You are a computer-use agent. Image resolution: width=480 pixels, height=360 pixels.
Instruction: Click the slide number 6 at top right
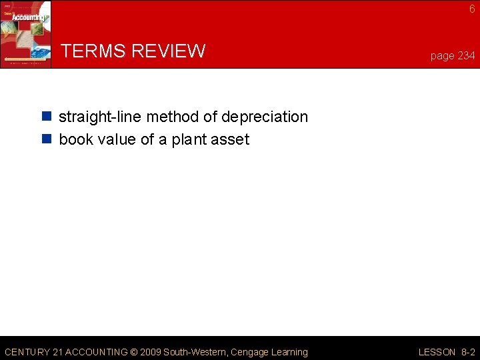[x=472, y=9]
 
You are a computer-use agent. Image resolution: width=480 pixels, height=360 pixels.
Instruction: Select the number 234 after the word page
[x=466, y=56]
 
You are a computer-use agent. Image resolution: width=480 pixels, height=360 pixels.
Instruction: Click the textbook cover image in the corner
[x=25, y=33]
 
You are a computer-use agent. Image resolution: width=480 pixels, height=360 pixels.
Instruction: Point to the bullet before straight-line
[x=47, y=117]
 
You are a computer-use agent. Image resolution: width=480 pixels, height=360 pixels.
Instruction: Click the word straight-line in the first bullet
[x=100, y=117]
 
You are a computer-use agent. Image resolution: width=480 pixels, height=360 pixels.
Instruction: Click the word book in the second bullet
[x=76, y=140]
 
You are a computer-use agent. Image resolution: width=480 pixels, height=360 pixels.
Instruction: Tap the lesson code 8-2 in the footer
[x=467, y=352]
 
